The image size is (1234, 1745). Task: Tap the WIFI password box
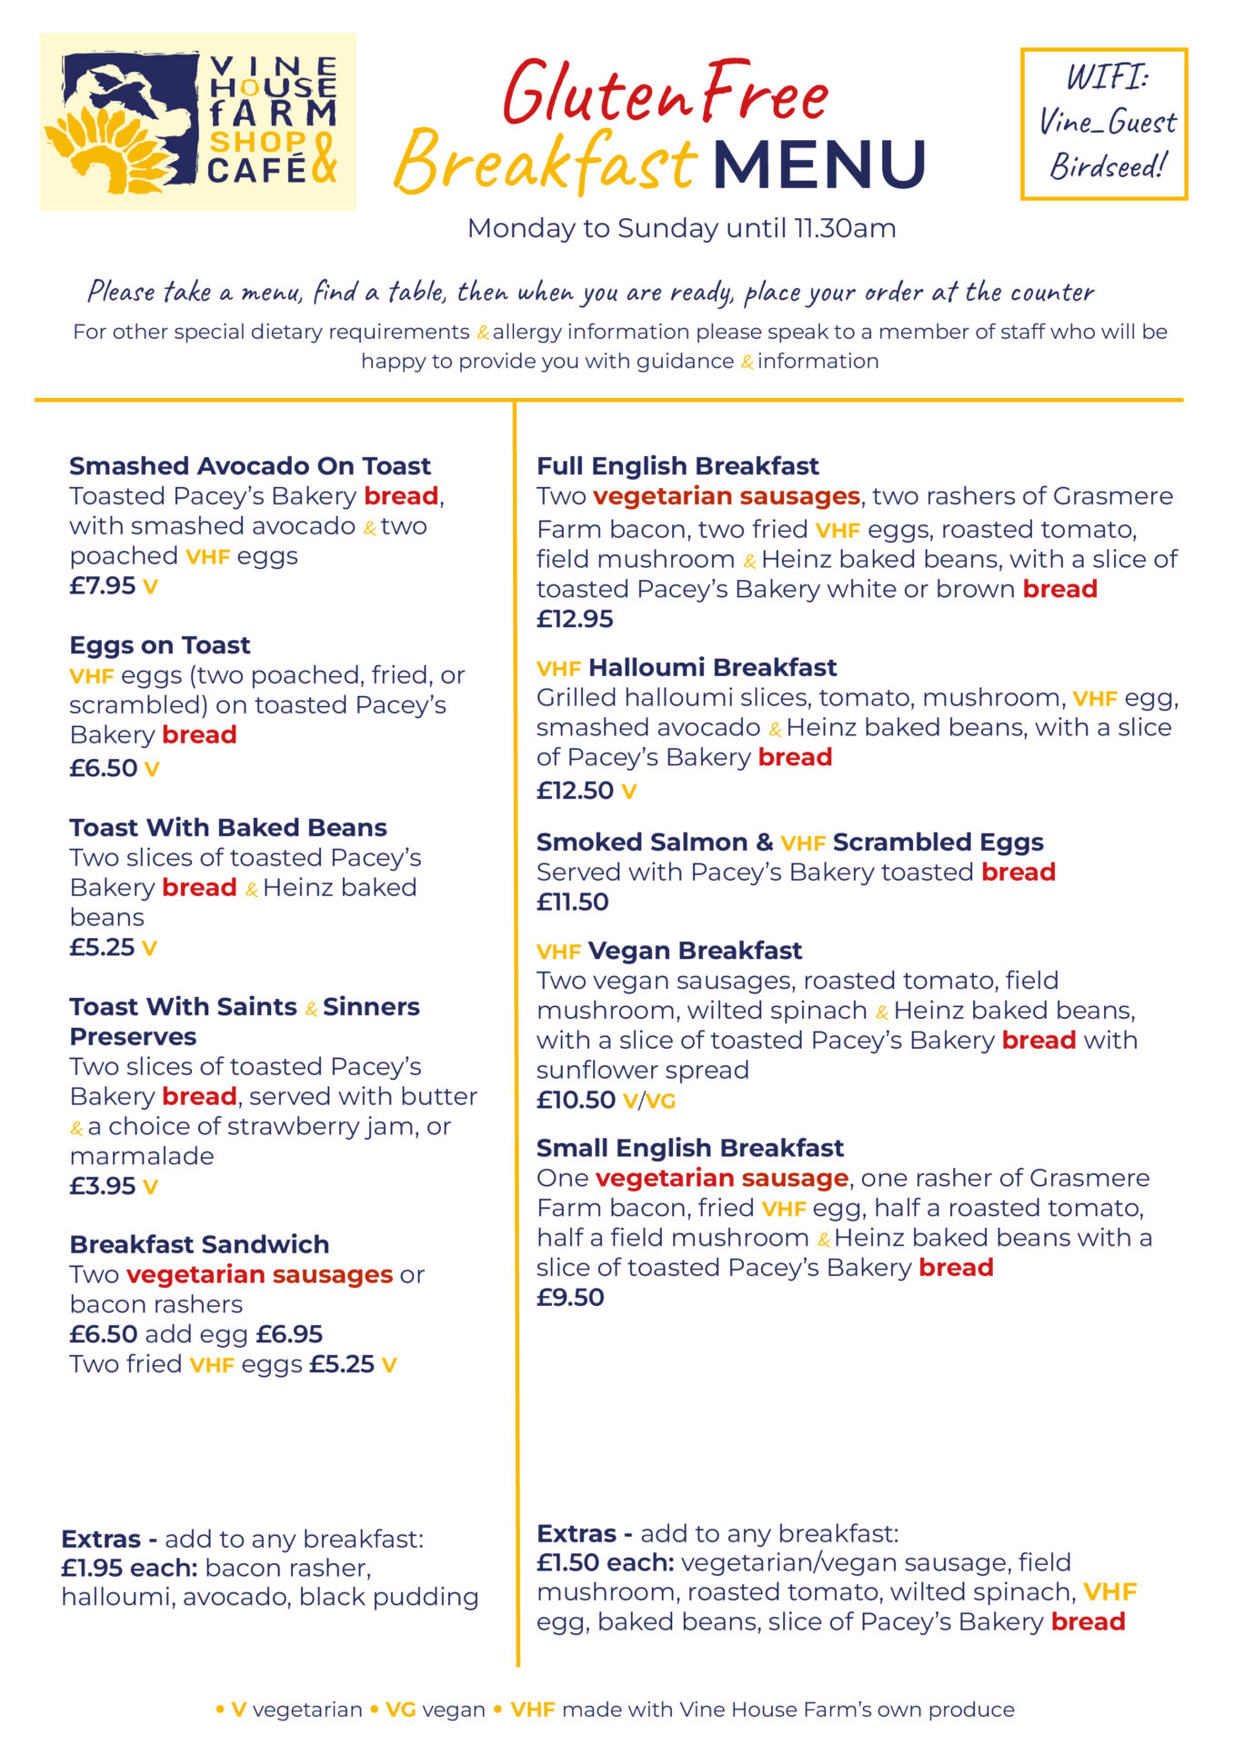click(1104, 124)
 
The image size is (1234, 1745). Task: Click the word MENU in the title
click(819, 165)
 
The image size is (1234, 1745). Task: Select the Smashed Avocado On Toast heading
click(250, 466)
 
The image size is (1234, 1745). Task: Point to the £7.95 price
click(103, 585)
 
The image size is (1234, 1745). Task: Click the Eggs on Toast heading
click(160, 645)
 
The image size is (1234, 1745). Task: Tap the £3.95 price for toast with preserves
click(103, 1186)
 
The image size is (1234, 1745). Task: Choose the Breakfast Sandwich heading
click(199, 1244)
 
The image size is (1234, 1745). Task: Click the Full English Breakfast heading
click(677, 466)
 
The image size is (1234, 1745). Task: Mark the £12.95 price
click(575, 619)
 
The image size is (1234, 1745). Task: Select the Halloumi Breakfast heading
click(712, 668)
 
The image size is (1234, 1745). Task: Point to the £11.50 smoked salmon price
click(573, 902)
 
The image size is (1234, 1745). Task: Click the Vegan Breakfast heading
click(695, 951)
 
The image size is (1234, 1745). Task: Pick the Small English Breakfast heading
click(690, 1148)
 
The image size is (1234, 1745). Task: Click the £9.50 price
click(570, 1297)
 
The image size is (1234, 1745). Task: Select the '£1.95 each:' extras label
click(129, 1568)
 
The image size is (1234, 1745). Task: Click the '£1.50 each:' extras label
click(605, 1562)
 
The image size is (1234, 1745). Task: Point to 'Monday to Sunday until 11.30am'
click(681, 228)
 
